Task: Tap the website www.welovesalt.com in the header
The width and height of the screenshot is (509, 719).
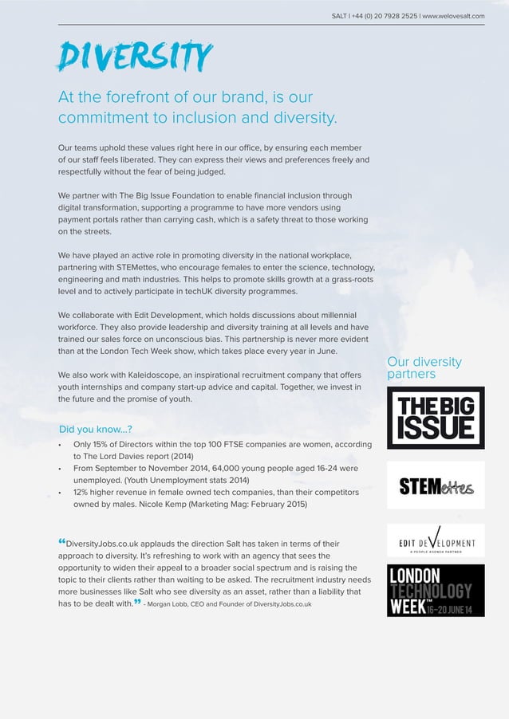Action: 453,16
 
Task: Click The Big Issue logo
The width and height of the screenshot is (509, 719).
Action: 436,418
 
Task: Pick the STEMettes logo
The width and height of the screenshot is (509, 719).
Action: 436,485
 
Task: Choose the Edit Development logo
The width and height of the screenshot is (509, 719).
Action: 436,540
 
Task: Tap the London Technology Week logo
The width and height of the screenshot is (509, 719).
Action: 436,591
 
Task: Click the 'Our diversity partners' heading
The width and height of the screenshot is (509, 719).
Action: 424,367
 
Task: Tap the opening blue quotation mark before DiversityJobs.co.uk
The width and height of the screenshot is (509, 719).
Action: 62,543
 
